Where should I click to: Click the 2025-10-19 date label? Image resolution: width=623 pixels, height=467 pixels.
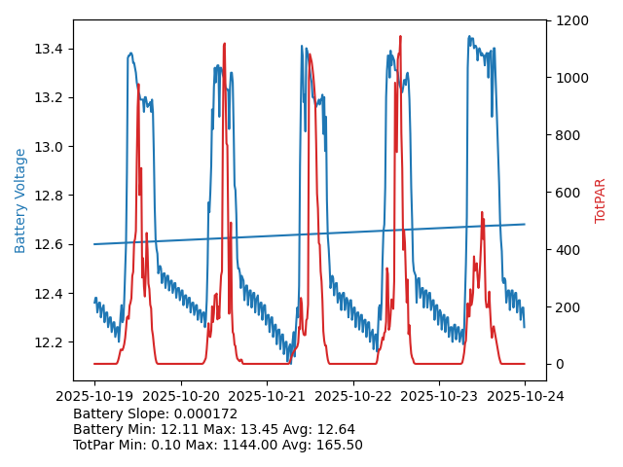[x=94, y=397]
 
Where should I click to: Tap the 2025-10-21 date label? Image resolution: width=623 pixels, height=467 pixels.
[x=267, y=397]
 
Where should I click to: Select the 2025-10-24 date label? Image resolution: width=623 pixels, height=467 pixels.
[x=525, y=397]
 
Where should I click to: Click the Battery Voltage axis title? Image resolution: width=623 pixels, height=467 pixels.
[x=20, y=200]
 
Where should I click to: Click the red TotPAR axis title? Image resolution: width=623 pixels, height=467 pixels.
[x=601, y=200]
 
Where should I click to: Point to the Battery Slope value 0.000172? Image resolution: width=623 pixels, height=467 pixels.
[x=206, y=413]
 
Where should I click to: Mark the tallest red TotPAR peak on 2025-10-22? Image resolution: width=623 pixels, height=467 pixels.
[x=400, y=37]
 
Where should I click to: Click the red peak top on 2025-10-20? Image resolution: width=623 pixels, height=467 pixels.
[x=224, y=44]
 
